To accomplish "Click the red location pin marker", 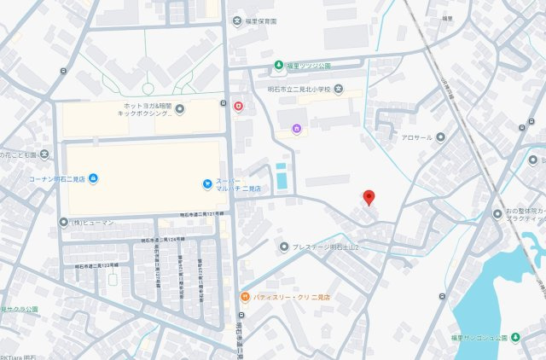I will (369, 197).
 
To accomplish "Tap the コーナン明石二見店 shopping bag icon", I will (93, 177).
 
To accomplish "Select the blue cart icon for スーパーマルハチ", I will (206, 183).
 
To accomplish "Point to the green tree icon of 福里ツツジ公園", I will (278, 65).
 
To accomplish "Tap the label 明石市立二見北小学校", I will (292, 90).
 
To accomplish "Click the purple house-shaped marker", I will (297, 130).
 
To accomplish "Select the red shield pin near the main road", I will (238, 106).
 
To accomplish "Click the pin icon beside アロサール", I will (440, 136).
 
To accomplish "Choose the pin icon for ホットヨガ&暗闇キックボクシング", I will (180, 108).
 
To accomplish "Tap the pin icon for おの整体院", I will (497, 212).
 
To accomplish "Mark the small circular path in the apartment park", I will (148, 88).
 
